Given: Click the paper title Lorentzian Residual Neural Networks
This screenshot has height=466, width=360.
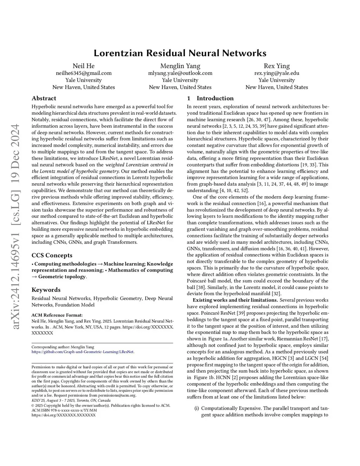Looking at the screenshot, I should click(x=180, y=53).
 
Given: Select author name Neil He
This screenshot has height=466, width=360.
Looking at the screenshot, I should click(x=84, y=66).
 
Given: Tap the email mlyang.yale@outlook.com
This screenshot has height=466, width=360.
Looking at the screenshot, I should click(x=180, y=73).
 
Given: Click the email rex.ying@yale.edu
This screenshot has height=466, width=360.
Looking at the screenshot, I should click(x=277, y=73).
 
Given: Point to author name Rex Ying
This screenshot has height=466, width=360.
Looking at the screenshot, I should click(x=277, y=66).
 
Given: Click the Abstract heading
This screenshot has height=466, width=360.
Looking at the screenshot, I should click(x=44, y=98).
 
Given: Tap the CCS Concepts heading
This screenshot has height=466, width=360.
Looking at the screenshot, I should click(x=52, y=255).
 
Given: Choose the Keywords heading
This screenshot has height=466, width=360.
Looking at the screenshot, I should click(x=46, y=290).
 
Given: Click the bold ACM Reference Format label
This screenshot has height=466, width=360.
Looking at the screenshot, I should click(x=57, y=315).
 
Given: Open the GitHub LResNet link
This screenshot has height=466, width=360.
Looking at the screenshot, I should click(x=83, y=352).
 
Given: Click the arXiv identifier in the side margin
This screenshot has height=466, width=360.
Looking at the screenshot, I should click(x=16, y=227).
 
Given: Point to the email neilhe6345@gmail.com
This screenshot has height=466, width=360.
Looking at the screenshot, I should click(x=84, y=73).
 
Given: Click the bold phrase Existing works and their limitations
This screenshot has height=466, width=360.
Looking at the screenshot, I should click(x=235, y=300).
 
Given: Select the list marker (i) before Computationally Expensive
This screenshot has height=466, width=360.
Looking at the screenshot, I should click(x=197, y=408).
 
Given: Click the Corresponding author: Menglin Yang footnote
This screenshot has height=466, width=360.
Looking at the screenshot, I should click(x=63, y=347).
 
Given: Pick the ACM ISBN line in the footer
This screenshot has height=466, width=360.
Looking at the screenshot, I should click(x=64, y=410).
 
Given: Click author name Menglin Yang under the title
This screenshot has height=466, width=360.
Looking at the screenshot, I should click(x=180, y=66).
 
